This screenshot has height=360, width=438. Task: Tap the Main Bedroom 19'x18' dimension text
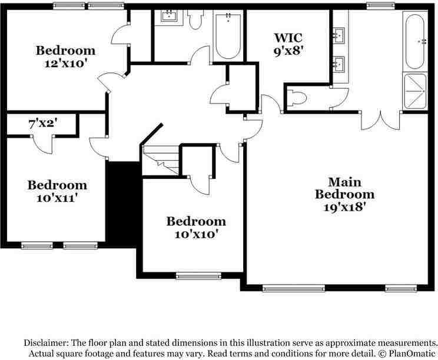[344, 206]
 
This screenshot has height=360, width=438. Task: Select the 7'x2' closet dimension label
[42, 124]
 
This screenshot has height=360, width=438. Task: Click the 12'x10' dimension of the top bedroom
[65, 62]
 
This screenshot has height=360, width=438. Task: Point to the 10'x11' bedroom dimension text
[57, 198]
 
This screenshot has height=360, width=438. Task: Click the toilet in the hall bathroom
[196, 21]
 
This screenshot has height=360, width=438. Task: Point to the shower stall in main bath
[415, 92]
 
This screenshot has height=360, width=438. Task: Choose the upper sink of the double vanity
[340, 36]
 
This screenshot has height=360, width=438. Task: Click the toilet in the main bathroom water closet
[297, 99]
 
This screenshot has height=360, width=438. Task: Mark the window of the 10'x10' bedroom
[198, 275]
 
